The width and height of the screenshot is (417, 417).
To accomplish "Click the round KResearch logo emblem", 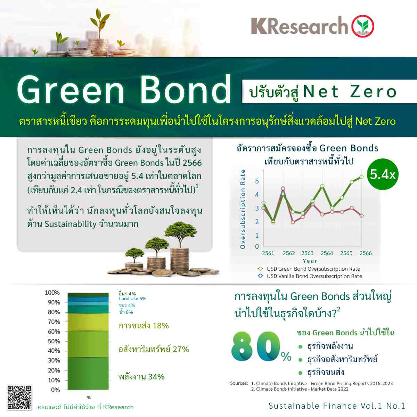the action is click(363, 26).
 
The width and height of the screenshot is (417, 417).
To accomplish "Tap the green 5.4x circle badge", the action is click(383, 174).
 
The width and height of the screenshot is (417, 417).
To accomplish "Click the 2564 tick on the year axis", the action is click(327, 253).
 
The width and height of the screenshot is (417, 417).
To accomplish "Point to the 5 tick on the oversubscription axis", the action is click(257, 181).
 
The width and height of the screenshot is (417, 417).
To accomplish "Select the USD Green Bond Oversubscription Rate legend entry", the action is click(309, 269).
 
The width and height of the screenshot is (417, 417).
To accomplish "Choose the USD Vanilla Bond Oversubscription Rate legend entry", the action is click(310, 276).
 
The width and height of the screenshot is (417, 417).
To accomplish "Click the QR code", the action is click(19, 398).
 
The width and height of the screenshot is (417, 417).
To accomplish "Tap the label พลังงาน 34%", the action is click(141, 377).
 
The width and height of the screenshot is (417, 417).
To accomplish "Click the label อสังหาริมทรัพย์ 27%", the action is click(154, 349).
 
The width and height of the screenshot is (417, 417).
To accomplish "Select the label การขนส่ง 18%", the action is click(144, 326).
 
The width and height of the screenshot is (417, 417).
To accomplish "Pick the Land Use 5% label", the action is click(133, 299).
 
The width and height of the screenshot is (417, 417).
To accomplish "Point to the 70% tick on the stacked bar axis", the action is click(54, 322).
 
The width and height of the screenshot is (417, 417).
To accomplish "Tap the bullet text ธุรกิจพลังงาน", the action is click(330, 346).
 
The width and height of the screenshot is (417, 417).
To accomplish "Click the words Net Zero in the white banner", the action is click(350, 92).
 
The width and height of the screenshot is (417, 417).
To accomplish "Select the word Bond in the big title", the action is click(186, 89).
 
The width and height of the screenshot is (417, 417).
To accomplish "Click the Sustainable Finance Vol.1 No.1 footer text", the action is click(336, 406).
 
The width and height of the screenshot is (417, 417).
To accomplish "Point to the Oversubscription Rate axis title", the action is click(243, 209).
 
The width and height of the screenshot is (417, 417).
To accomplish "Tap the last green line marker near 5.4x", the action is click(361, 177).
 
